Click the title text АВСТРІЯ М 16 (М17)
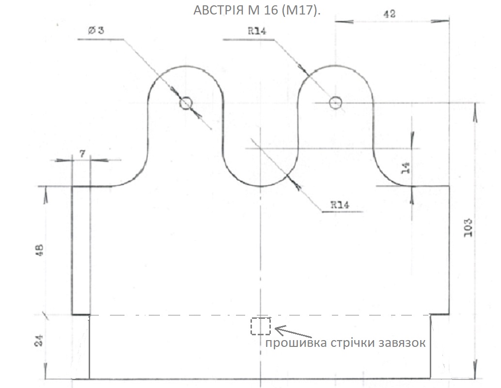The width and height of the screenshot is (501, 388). pyautogui.click(x=257, y=11)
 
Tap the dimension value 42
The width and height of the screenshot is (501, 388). pyautogui.click(x=389, y=14)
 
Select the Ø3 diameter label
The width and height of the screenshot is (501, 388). pyautogui.click(x=96, y=30)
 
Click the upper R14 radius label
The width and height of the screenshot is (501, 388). pyautogui.click(x=258, y=31)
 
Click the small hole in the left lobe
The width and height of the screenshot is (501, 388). pyautogui.click(x=186, y=103)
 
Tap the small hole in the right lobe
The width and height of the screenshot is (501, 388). pyautogui.click(x=336, y=103)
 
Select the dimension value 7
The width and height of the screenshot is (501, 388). pyautogui.click(x=82, y=154)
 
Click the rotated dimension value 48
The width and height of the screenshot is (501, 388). pyautogui.click(x=40, y=250)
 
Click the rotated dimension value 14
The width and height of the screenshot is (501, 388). pyautogui.click(x=406, y=167)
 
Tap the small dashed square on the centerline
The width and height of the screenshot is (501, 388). pyautogui.click(x=261, y=326)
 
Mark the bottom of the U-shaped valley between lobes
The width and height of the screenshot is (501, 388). pyautogui.click(x=261, y=186)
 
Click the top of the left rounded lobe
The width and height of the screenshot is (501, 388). pyautogui.click(x=186, y=66)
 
